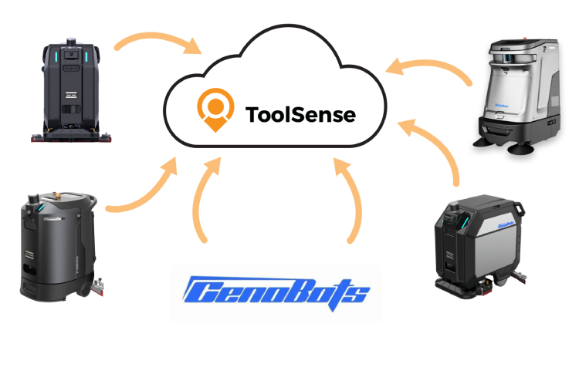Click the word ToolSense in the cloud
pos(300,115)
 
